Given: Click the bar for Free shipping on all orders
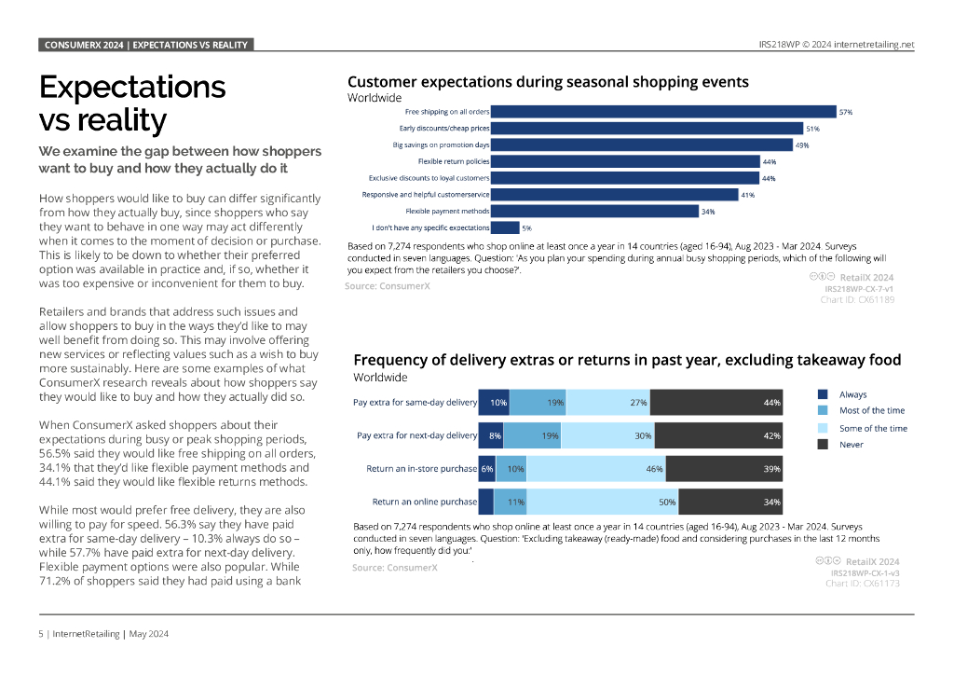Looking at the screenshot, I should click(x=662, y=112).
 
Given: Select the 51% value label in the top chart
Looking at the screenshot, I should click(x=812, y=129).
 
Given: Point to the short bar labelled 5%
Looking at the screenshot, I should click(x=505, y=227).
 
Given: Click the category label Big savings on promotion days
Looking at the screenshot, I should click(x=441, y=145).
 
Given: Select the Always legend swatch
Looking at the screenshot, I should click(x=823, y=394).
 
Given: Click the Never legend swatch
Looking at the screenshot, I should click(x=823, y=445).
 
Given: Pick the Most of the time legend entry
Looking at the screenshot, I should click(x=871, y=410).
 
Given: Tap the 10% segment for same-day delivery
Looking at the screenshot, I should click(x=495, y=403).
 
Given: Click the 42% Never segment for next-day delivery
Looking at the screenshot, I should click(x=716, y=435).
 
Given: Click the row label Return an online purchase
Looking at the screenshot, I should click(x=424, y=502).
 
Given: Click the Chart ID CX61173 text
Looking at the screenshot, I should click(x=862, y=584).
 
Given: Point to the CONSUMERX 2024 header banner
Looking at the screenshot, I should click(x=145, y=45).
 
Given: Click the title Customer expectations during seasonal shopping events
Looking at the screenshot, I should click(x=548, y=82).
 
